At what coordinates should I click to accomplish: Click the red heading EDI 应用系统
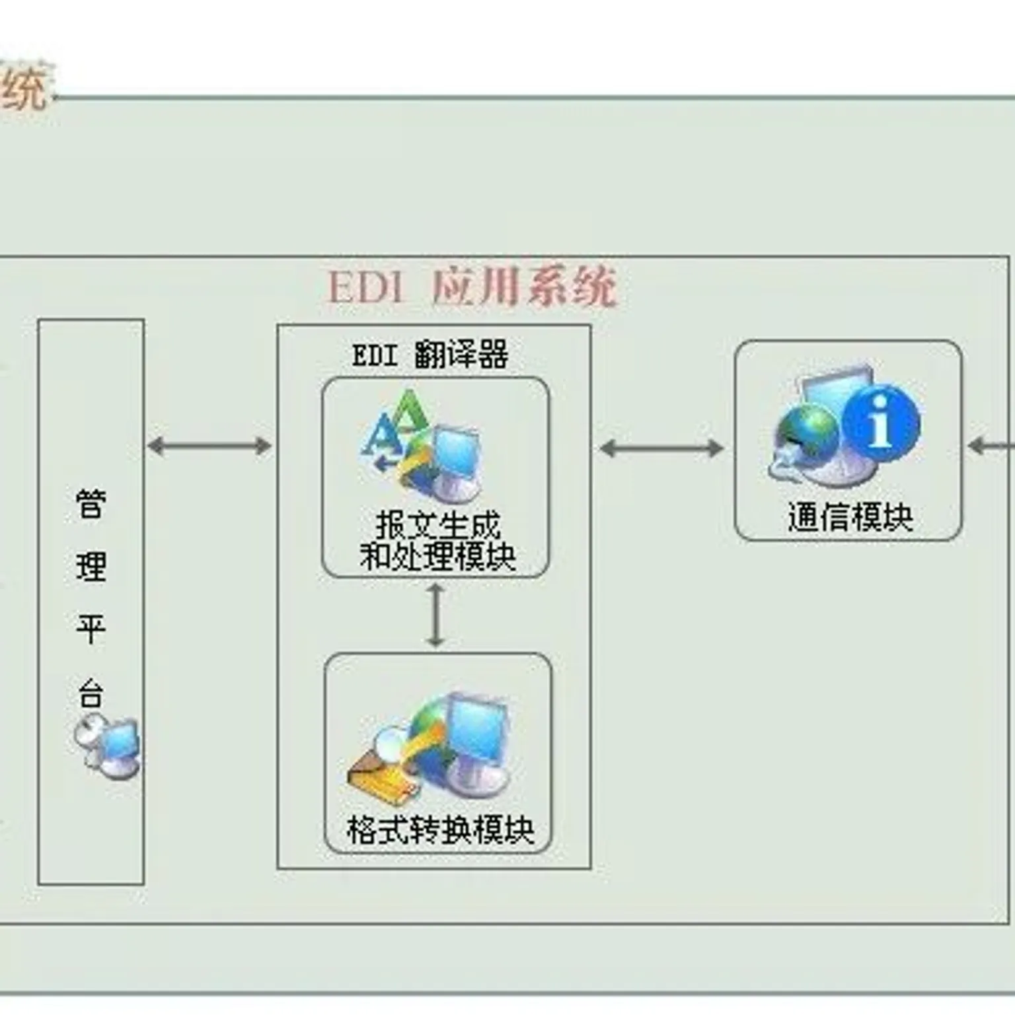(472, 287)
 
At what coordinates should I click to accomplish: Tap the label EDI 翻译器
(430, 355)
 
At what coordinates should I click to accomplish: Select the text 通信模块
(850, 517)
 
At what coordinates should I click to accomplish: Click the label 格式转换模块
(440, 829)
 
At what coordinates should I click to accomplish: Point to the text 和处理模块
(437, 556)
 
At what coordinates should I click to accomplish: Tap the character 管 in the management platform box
(91, 505)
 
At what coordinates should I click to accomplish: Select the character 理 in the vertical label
(91, 567)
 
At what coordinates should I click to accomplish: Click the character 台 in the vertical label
(91, 693)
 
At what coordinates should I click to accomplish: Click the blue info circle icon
(880, 423)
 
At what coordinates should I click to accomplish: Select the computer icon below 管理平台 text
(108, 748)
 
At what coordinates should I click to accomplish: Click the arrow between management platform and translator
(209, 446)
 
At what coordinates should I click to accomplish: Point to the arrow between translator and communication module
(661, 448)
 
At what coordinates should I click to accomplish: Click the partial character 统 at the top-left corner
(25, 88)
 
